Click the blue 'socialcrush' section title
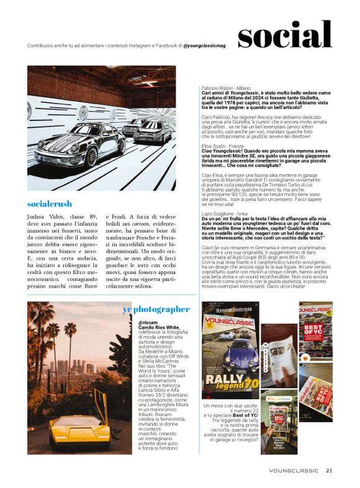pos(50,203)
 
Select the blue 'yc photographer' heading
pos(156,308)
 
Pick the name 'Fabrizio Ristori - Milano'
pos(225,88)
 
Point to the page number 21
pos(330,469)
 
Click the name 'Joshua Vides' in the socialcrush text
pos(44,217)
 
